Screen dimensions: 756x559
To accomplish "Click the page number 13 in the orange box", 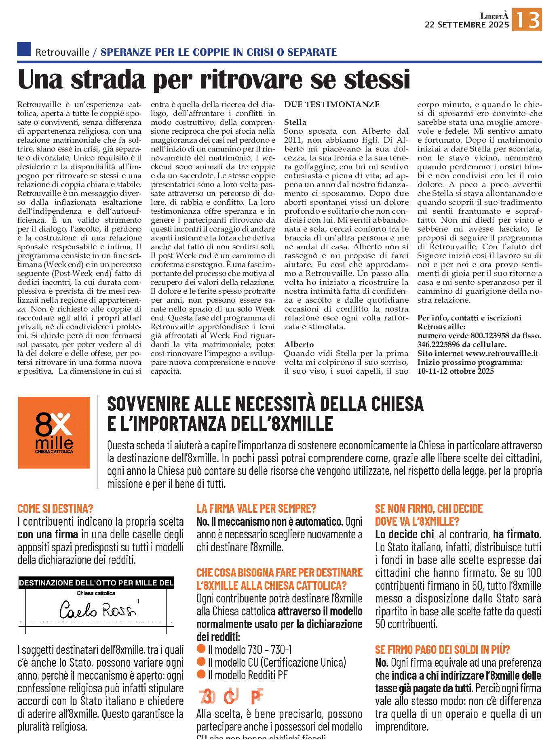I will tap(527, 19).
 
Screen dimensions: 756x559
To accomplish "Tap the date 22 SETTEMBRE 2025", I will tap(467, 25).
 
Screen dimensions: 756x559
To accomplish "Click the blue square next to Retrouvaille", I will tap(24, 49).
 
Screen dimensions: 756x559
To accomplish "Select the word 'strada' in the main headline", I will tap(107, 80).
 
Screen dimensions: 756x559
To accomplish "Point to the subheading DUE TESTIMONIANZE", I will tap(331, 105).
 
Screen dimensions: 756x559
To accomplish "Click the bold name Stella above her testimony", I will tap(295, 122).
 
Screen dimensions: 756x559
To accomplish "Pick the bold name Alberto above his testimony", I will tap(299, 345).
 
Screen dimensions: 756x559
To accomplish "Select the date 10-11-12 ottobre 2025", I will tap(456, 371).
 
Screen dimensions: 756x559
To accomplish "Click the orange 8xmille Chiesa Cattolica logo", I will tap(54, 433).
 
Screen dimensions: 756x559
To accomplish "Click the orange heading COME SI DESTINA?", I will tap(55, 509).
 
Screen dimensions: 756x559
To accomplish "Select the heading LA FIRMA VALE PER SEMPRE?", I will tap(256, 509).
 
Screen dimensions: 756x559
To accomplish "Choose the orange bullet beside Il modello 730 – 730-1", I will tap(201, 649).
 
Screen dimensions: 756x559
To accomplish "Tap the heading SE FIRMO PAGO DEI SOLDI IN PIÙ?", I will tap(443, 649).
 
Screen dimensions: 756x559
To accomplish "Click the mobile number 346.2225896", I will tap(441, 345).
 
